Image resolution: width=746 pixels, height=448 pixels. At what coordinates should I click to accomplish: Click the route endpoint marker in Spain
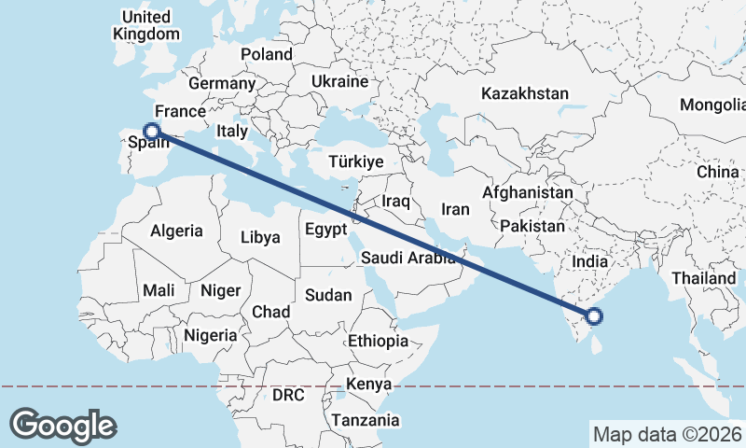(152, 132)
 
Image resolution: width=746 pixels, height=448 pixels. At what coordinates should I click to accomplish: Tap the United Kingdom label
(146, 25)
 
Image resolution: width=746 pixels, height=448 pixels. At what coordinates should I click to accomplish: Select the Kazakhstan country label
(525, 93)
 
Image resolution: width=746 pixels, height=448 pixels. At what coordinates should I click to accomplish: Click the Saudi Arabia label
(408, 258)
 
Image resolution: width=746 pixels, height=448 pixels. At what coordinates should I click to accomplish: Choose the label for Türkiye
(356, 162)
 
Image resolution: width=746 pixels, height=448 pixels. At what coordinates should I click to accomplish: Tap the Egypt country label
(325, 229)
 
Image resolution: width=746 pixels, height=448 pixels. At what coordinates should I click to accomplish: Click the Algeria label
(176, 230)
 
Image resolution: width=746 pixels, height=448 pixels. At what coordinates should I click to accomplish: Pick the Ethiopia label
(378, 341)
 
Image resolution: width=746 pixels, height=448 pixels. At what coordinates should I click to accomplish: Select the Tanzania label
(366, 420)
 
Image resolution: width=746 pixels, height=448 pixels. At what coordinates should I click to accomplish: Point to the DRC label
(288, 395)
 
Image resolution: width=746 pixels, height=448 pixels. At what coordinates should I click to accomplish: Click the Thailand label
(704, 278)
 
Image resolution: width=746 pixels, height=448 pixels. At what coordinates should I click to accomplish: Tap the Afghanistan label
(527, 192)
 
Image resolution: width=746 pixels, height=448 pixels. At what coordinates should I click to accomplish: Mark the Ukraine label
(340, 81)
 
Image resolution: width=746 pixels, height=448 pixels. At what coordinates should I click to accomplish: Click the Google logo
(62, 426)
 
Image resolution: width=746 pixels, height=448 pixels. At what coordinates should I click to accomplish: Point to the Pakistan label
(532, 226)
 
